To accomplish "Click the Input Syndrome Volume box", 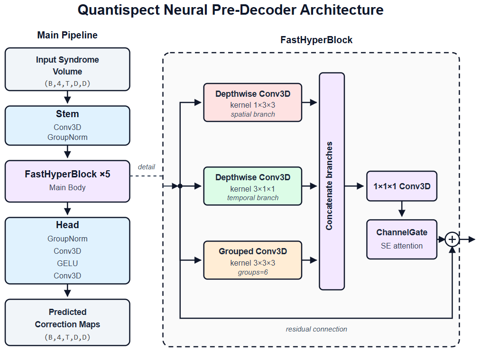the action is pyautogui.click(x=67, y=69).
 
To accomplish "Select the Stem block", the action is pyautogui.click(x=67, y=126).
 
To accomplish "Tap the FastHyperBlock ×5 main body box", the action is pyautogui.click(x=67, y=181).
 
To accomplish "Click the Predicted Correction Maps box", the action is pyautogui.click(x=67, y=323).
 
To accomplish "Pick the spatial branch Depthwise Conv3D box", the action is pyautogui.click(x=252, y=102).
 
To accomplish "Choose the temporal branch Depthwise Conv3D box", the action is pyautogui.click(x=252, y=186).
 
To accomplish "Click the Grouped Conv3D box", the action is pyautogui.click(x=252, y=260).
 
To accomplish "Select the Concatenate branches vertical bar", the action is pyautogui.click(x=332, y=181).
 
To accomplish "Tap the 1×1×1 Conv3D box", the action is pyautogui.click(x=402, y=186).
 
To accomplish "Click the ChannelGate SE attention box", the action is pyautogui.click(x=402, y=240).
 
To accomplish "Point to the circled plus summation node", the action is pyautogui.click(x=452, y=240).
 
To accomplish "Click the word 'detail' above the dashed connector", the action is pyautogui.click(x=147, y=167).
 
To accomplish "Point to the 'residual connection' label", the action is pyautogui.click(x=316, y=329).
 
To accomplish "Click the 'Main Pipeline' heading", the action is pyautogui.click(x=67, y=35).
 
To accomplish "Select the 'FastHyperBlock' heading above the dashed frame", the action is pyautogui.click(x=316, y=40).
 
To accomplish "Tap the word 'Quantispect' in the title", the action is pyautogui.click(x=119, y=10).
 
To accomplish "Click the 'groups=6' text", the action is pyautogui.click(x=252, y=272).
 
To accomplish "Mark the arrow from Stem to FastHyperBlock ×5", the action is pyautogui.click(x=67, y=152).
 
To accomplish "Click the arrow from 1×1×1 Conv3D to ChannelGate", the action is pyautogui.click(x=402, y=209).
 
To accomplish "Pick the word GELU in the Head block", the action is pyautogui.click(x=67, y=263).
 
